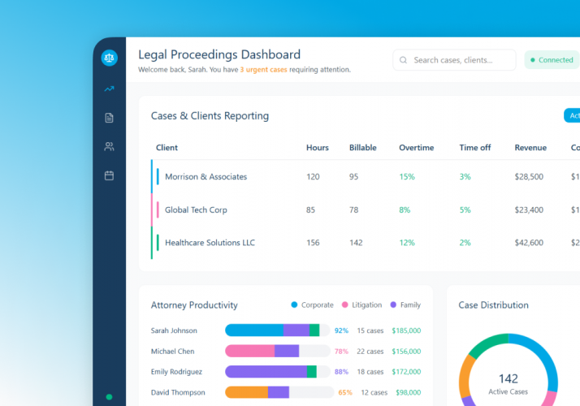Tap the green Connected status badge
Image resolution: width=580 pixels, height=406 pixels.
coord(552,60)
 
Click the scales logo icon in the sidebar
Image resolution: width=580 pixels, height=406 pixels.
coord(109,58)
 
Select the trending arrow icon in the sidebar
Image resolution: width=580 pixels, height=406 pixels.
coord(109,89)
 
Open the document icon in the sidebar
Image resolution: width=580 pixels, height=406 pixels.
coord(109,118)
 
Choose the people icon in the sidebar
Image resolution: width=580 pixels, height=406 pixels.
coord(109,147)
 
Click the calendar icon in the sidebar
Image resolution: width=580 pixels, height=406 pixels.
coord(109,175)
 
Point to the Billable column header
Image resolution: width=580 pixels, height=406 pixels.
coord(362,148)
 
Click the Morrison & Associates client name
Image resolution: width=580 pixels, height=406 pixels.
coord(206,177)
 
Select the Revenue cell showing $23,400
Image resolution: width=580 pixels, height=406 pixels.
coord(529,210)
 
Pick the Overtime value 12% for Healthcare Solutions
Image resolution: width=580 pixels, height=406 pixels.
coord(406,243)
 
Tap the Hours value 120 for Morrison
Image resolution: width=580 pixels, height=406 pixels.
coord(313,177)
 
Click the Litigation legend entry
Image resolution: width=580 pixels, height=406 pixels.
coord(361,305)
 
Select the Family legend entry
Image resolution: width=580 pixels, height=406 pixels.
coord(405,305)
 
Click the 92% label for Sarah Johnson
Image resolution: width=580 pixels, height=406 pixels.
coord(341,330)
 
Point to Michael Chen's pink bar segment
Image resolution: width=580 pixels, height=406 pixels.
coord(249,352)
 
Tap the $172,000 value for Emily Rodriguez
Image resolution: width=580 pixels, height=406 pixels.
coord(405,372)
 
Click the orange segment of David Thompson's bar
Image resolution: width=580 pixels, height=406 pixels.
coord(246,392)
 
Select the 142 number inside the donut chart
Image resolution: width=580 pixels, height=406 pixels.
coord(509,378)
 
